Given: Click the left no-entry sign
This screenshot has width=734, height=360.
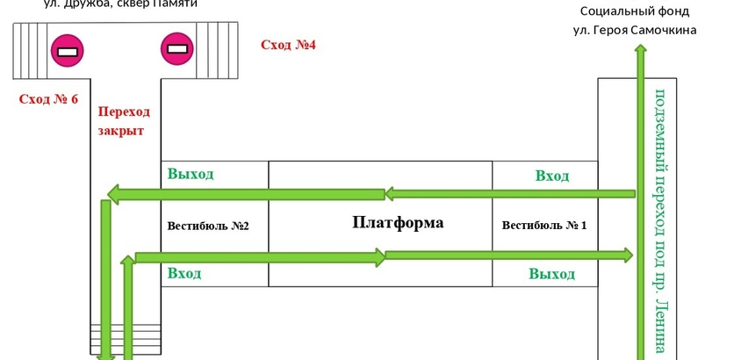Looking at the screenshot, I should coord(67,50).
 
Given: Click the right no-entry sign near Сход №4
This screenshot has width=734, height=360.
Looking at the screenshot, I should coord(176,49).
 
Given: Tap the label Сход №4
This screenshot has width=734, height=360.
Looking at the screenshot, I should coord(287,45).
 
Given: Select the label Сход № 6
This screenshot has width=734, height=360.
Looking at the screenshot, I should coord(48,99).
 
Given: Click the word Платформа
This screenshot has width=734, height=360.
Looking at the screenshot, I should coord(397,223).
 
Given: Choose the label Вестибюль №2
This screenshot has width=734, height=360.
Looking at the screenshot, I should coord(208,226).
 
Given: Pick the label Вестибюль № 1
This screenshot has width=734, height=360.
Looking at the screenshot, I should coord(543,226).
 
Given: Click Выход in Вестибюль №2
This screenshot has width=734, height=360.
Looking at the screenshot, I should coord(191,174).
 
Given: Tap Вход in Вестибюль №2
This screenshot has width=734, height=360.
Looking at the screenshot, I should coord(184,274).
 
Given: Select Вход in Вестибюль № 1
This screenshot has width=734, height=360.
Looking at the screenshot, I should coord(551,176).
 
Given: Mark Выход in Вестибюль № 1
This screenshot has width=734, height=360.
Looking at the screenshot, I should coord(551,274).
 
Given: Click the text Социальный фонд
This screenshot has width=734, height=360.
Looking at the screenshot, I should coord(635,11).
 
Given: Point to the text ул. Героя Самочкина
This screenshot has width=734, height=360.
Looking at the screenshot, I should coord(635,30).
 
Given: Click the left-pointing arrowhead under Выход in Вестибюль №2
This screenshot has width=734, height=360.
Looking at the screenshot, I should coord(113,193).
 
